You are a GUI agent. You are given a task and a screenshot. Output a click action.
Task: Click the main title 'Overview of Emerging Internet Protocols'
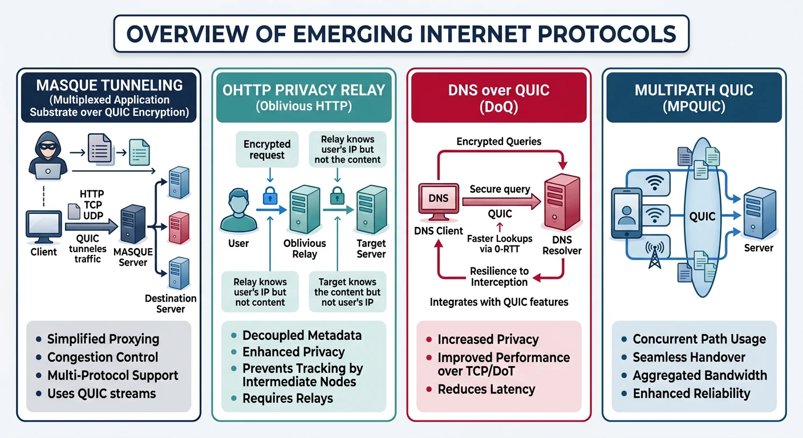coord(401,34)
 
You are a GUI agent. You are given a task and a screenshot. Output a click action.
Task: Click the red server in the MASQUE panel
coord(179,228)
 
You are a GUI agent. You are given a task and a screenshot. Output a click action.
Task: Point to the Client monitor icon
coord(44,227)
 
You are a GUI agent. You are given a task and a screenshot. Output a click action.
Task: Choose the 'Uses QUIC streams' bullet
coord(102,394)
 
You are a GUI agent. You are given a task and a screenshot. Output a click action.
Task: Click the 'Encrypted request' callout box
coord(267,149)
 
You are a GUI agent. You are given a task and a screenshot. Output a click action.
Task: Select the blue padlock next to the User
coord(269,196)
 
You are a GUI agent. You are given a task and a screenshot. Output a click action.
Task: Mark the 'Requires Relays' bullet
coord(287,398)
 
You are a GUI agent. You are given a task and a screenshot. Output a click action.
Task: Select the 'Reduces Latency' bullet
coord(486,390)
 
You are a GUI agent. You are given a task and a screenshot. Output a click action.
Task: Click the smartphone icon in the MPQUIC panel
coord(626,212)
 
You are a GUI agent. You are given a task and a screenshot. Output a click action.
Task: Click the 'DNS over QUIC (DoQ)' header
coord(498,98)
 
